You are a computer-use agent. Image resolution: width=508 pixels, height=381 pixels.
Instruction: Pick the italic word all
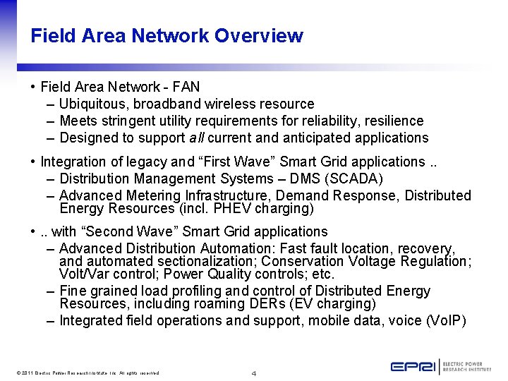pyautogui.click(x=197, y=138)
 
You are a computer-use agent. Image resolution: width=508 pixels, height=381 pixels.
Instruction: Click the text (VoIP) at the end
pyautogui.click(x=447, y=320)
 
